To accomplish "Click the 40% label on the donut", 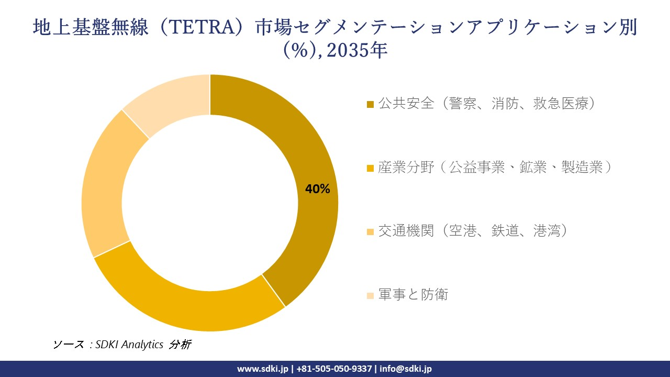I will click(317, 190).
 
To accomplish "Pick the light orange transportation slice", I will click(105, 188).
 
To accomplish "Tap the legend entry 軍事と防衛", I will click(413, 295).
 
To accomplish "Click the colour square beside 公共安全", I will click(370, 105).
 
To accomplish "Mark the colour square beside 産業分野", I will click(370, 169).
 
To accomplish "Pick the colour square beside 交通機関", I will click(370, 232).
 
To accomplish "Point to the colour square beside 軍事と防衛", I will click(370, 296).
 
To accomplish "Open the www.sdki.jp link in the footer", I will click(263, 369).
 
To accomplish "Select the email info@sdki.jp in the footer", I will click(406, 369).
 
